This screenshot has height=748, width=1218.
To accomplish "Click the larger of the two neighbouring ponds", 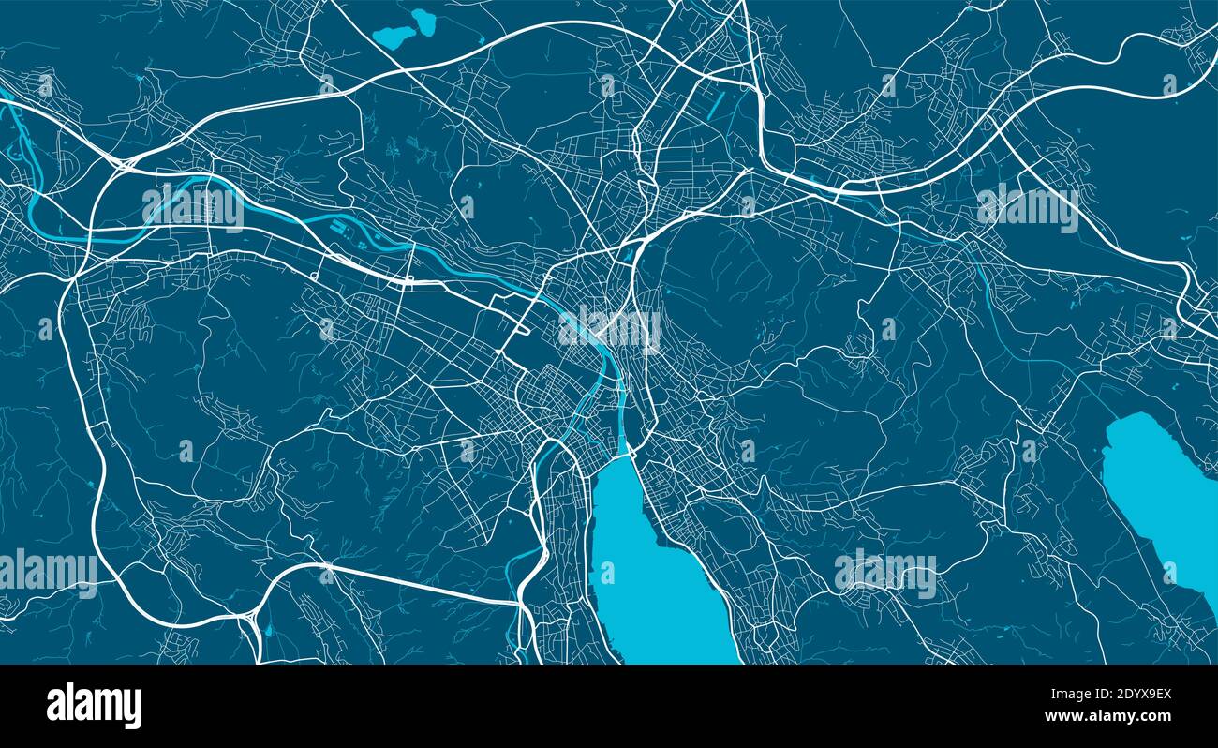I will coord(394,37).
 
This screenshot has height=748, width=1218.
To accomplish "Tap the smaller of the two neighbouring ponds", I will coord(423,21).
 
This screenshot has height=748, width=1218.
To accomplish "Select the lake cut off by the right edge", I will coord(1162,497).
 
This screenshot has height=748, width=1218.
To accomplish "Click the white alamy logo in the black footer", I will coord(94,706).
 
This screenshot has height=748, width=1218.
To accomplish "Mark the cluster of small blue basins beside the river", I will coord(361,227).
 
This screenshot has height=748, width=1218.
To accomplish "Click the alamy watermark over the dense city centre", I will coord(609,328).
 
